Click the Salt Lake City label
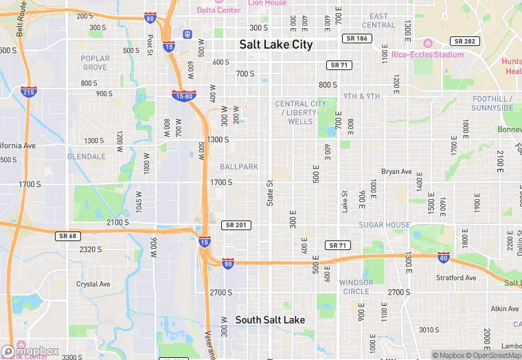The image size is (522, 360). [x=275, y=45]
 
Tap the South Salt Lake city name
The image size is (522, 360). [x=270, y=320]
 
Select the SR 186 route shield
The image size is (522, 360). [x=358, y=38]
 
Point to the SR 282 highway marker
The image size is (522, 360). [x=464, y=41]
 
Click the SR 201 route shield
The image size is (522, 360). [x=237, y=225]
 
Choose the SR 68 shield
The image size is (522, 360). [x=69, y=236]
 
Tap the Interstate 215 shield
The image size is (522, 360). [x=28, y=91]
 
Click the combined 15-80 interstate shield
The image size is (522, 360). [x=183, y=95]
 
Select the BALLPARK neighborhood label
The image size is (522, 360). [x=239, y=167]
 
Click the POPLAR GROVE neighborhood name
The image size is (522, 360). [x=95, y=63]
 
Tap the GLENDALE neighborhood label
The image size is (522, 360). [x=87, y=157]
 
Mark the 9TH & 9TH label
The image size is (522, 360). [x=361, y=96]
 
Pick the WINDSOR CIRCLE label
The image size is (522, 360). [x=356, y=287]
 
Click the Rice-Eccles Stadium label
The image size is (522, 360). [x=427, y=54]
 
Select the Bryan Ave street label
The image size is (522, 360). [x=396, y=172]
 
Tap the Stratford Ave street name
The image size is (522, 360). [x=456, y=278]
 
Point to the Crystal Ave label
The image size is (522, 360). [x=93, y=284]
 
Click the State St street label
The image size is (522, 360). [x=270, y=192]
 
